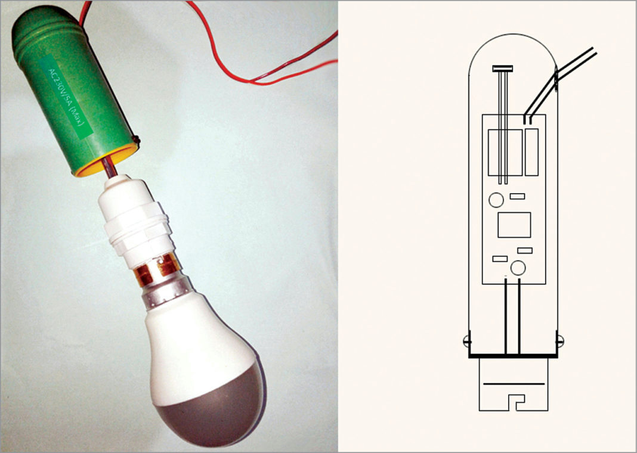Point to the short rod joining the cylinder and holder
tap(113, 170)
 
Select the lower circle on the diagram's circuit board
tap(518, 268)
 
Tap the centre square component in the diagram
tap(514, 225)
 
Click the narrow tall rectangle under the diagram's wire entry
tap(531, 151)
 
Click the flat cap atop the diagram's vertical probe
tap(502, 69)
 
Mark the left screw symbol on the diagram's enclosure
tap(466, 342)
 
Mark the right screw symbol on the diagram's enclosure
tap(560, 342)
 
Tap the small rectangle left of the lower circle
tap(499, 259)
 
